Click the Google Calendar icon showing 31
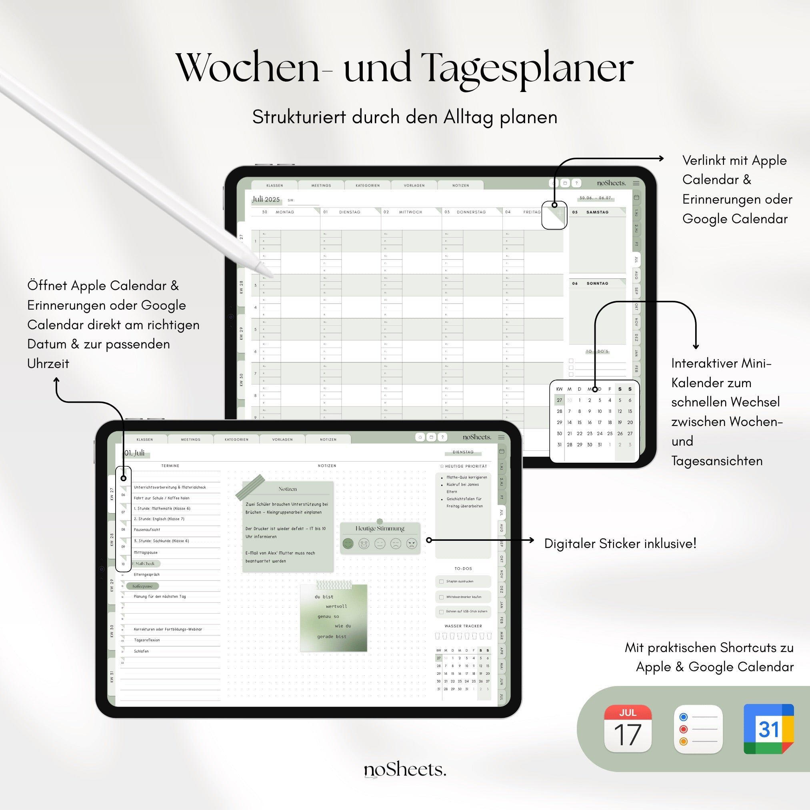click(768, 729)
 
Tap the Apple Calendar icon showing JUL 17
click(628, 729)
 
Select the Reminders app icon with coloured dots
click(698, 729)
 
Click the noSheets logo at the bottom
click(405, 769)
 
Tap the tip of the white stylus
click(270, 275)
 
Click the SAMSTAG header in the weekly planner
click(597, 212)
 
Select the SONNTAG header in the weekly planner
click(597, 284)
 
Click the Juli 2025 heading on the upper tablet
click(266, 200)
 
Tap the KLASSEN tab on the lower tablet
click(145, 439)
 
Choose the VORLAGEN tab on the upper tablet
click(414, 185)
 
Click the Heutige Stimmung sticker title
click(380, 528)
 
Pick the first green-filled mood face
click(348, 544)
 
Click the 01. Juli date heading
click(134, 453)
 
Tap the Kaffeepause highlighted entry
click(142, 586)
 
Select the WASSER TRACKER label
click(463, 626)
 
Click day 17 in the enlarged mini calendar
click(600, 422)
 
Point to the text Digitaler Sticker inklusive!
click(620, 543)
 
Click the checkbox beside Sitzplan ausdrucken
click(441, 582)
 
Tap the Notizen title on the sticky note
click(288, 489)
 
